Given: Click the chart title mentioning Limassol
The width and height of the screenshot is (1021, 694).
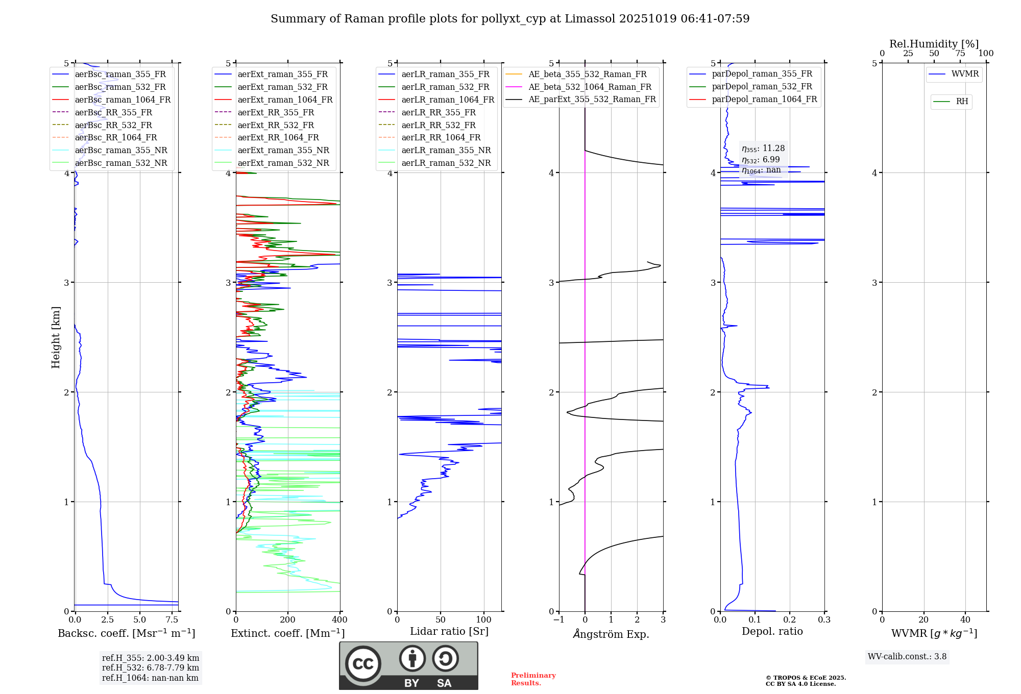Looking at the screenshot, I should point(510,19).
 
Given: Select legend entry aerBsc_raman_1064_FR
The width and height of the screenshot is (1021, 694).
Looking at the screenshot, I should point(123,100).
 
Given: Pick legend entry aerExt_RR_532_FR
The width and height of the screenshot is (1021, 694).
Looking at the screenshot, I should point(276,125).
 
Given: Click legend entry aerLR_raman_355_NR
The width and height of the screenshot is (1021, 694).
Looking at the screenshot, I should point(446,150).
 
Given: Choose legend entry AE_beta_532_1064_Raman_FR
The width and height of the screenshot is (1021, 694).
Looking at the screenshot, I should point(590,87).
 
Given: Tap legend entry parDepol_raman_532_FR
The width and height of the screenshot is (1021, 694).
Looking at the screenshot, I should point(762,86).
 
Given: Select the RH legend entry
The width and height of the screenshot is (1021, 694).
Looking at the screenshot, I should point(962,102).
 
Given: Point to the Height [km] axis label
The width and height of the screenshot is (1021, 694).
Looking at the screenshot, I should point(56,337).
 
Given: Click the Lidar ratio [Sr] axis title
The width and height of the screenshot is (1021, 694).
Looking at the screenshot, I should point(449,631).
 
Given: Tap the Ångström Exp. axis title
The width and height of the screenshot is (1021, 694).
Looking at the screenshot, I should point(611,634).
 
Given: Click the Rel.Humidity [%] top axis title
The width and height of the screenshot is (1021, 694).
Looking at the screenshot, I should point(934,44).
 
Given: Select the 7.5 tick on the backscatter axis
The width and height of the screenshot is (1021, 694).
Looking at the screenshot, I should point(172,620).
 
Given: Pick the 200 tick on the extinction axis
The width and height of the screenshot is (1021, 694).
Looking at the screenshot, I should point(288,620).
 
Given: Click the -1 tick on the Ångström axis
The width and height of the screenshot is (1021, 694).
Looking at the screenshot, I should point(559,620).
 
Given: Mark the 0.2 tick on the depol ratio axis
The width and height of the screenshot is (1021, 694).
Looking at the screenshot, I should point(790,620).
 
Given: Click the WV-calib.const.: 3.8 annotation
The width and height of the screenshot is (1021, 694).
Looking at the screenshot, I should point(907,656).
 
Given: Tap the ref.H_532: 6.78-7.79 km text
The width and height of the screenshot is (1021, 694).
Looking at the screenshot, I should point(151,667).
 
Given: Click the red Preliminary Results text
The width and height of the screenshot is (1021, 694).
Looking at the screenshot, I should point(533,679).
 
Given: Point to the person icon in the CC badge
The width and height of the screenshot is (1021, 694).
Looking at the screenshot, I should point(412,658).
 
